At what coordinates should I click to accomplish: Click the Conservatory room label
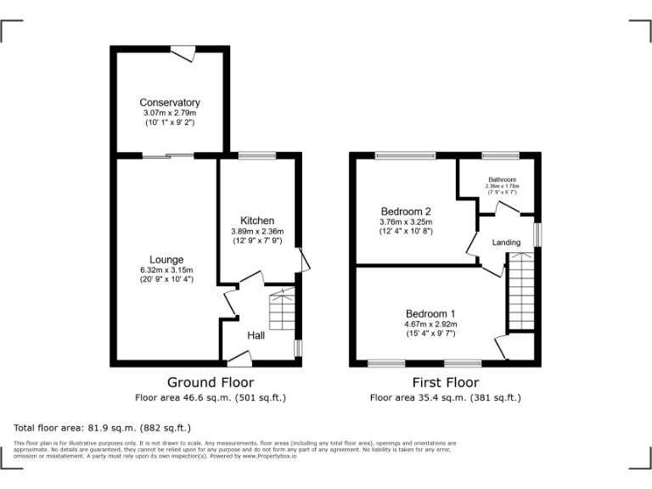(x=170, y=103)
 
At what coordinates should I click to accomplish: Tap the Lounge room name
(x=167, y=260)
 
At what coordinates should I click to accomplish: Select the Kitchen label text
(x=256, y=221)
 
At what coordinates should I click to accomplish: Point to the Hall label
(x=256, y=336)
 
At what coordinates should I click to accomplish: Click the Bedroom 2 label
(x=406, y=211)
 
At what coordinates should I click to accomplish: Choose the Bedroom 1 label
(x=430, y=313)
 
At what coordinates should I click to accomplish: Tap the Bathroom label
(x=502, y=179)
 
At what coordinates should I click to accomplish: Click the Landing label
(x=507, y=243)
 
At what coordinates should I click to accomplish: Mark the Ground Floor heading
(x=210, y=383)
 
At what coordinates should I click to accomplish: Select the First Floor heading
(x=445, y=383)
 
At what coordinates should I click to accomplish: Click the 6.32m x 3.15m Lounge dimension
(x=167, y=270)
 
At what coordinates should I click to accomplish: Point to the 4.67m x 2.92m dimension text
(x=430, y=323)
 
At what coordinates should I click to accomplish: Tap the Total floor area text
(x=102, y=428)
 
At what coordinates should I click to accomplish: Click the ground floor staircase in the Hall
(x=283, y=310)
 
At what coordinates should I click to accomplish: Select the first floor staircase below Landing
(x=520, y=293)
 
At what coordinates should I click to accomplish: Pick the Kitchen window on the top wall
(x=256, y=155)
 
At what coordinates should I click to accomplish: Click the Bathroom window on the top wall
(x=501, y=155)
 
